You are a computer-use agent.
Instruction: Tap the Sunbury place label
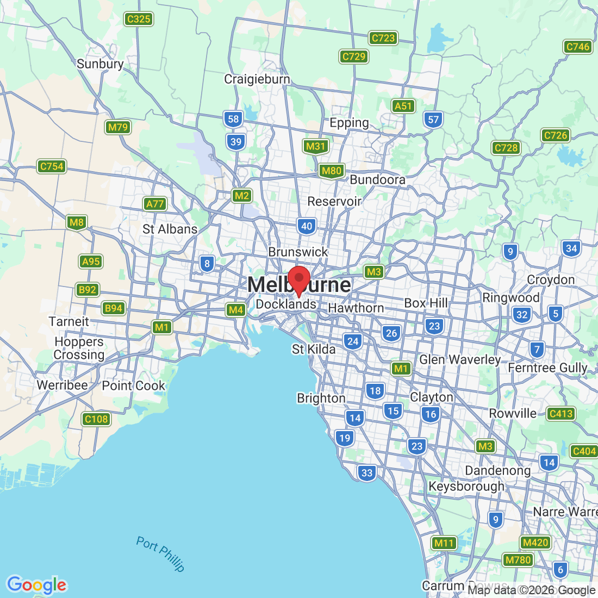(x=100, y=64)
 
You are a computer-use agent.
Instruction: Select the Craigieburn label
(x=257, y=79)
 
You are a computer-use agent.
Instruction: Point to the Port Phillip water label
(x=160, y=553)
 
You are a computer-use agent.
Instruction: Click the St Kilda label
(x=314, y=349)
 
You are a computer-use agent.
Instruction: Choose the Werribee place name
(x=62, y=385)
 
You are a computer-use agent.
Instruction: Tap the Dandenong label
(x=497, y=470)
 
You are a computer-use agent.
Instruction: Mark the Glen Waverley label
(x=460, y=359)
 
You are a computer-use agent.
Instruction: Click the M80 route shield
(x=331, y=171)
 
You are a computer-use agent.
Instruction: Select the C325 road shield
(x=138, y=19)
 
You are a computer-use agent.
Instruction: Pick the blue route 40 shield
(x=307, y=226)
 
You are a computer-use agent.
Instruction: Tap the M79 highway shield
(x=117, y=127)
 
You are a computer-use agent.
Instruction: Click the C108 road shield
(x=96, y=419)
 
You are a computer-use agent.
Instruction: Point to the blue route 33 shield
(x=367, y=472)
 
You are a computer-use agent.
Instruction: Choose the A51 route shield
(x=403, y=106)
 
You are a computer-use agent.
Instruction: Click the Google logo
(x=36, y=585)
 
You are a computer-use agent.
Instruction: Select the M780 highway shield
(x=518, y=560)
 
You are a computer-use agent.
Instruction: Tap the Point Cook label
(x=133, y=385)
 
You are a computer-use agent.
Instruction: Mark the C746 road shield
(x=577, y=47)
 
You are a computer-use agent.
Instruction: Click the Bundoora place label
(x=377, y=179)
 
